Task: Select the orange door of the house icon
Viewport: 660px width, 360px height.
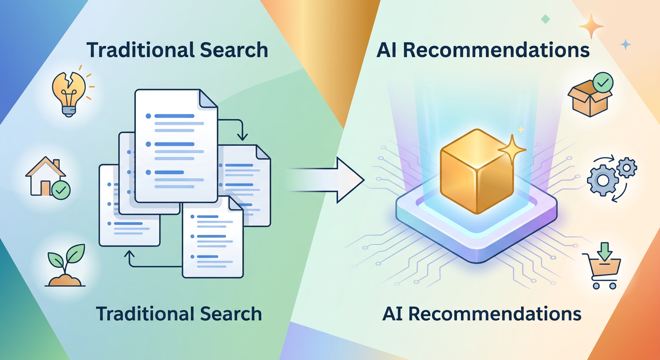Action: point(45,187)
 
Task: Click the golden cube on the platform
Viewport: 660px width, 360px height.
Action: point(476,171)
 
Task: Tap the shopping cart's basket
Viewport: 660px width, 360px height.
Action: point(606,267)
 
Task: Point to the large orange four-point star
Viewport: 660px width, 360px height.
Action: point(591,26)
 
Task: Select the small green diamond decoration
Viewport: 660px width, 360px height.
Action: point(545,19)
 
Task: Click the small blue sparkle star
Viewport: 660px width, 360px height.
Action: point(625,45)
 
